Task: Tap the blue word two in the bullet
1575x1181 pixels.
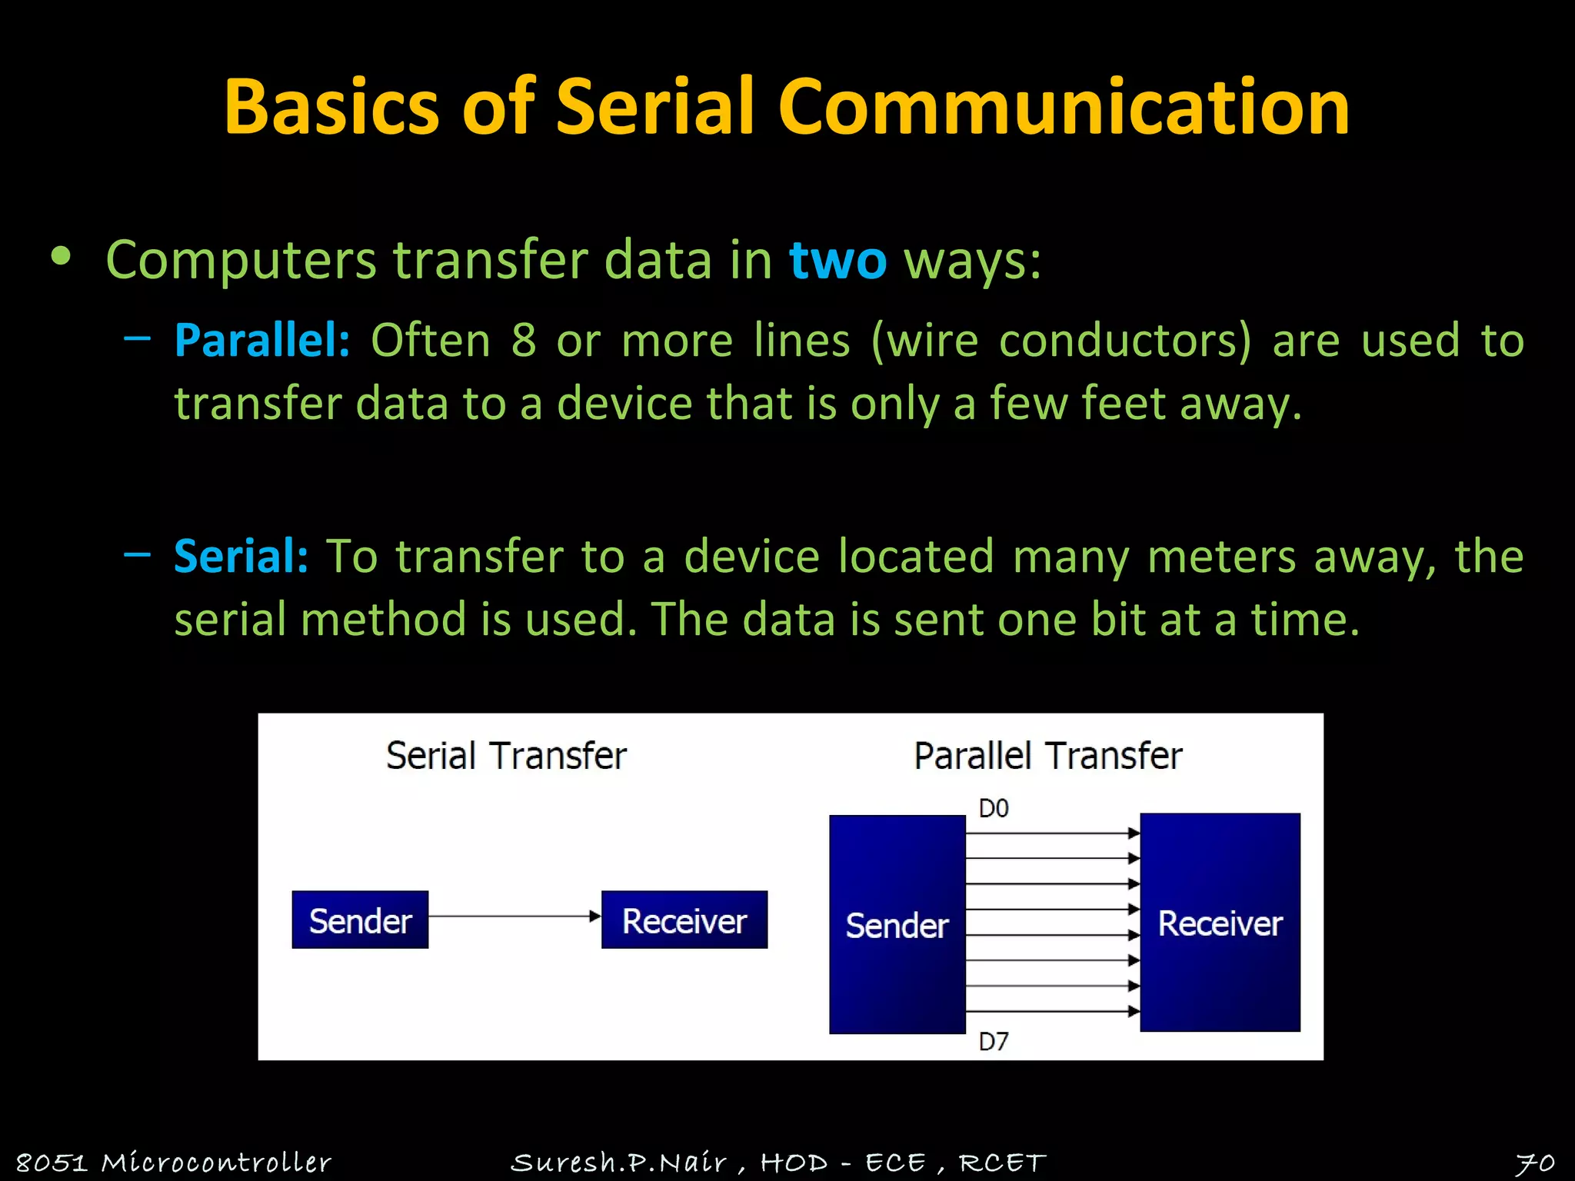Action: click(837, 260)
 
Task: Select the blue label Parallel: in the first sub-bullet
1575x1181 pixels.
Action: click(262, 340)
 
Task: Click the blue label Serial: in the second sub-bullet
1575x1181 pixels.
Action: click(241, 556)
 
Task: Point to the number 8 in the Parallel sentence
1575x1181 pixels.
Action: click(523, 340)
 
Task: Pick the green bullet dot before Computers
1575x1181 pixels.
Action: click(61, 257)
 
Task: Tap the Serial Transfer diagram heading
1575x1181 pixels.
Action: click(506, 755)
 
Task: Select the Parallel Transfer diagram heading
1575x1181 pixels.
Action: click(1047, 755)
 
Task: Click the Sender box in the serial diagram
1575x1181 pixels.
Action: click(360, 920)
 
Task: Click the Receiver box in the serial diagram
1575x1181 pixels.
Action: click(684, 920)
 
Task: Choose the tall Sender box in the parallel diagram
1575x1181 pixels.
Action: click(897, 924)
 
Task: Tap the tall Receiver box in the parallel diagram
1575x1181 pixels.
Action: click(1220, 923)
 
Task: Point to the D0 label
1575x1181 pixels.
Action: click(993, 809)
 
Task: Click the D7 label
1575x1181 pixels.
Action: click(993, 1042)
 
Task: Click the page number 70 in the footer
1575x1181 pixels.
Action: click(1534, 1163)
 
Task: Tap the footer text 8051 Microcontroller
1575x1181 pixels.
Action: click(173, 1162)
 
